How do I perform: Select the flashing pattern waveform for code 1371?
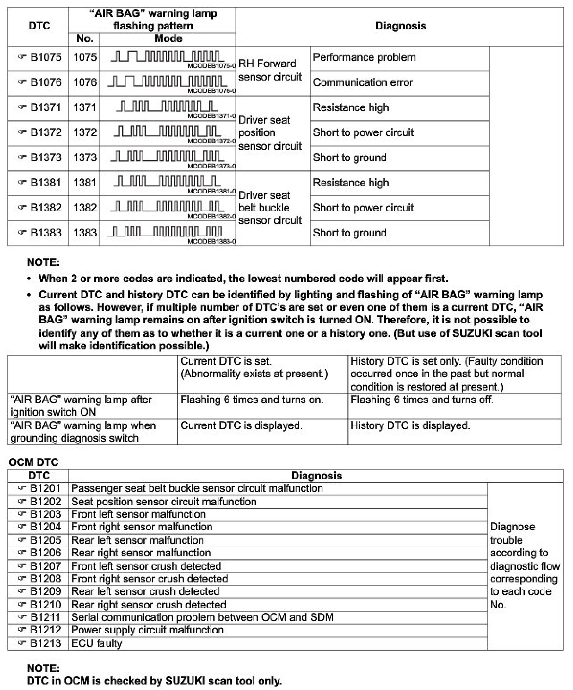pyautogui.click(x=166, y=106)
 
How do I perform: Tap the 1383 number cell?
pyautogui.click(x=85, y=233)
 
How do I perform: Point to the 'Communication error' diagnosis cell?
pyautogui.click(x=363, y=82)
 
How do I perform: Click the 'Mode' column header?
pyautogui.click(x=168, y=39)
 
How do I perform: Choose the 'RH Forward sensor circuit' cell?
pyautogui.click(x=270, y=70)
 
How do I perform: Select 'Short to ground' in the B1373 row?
pyautogui.click(x=350, y=158)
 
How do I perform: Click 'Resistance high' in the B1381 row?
pyautogui.click(x=350, y=183)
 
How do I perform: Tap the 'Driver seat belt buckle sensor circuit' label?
pyautogui.click(x=270, y=208)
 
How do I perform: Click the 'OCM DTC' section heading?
pyautogui.click(x=33, y=462)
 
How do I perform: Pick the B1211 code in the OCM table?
pyautogui.click(x=45, y=617)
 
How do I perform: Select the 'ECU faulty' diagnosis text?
pyautogui.click(x=96, y=643)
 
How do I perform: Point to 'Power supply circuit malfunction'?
pyautogui.click(x=147, y=630)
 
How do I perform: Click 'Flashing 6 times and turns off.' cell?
pyautogui.click(x=421, y=400)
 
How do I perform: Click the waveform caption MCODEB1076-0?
pyautogui.click(x=211, y=91)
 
